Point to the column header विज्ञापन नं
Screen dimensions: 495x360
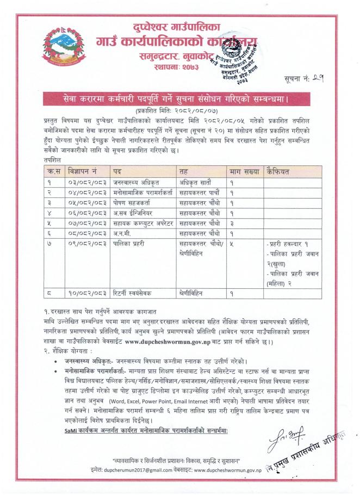pyautogui.click(x=83, y=171)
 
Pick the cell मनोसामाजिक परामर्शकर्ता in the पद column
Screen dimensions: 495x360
pyautogui.click(x=140, y=193)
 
